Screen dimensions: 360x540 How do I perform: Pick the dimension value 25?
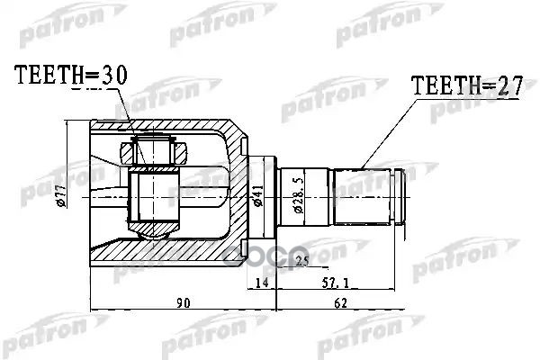(301, 261)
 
